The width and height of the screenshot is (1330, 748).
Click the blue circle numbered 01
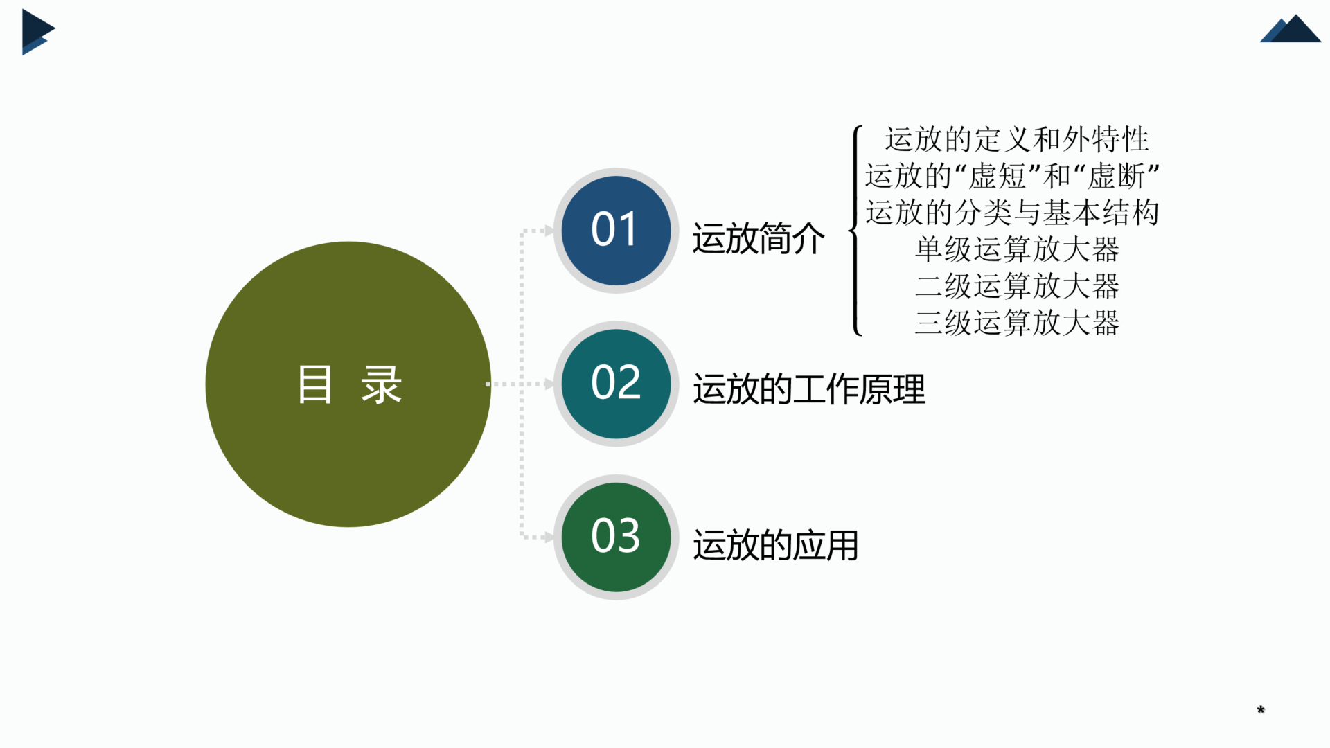pyautogui.click(x=616, y=231)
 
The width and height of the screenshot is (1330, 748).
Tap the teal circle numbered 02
pyautogui.click(x=616, y=384)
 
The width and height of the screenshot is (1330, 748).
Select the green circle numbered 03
pyautogui.click(x=616, y=537)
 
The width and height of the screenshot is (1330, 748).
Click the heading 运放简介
pyautogui.click(x=759, y=239)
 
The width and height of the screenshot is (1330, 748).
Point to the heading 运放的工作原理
pyautogui.click(x=809, y=389)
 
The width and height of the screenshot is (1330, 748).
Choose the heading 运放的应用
pyautogui.click(x=776, y=545)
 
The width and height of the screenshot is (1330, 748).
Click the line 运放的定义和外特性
pyautogui.click(x=1017, y=140)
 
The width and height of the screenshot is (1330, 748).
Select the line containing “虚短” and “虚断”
pyautogui.click(x=1012, y=176)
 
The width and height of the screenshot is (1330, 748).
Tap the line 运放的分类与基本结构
pyautogui.click(x=1012, y=213)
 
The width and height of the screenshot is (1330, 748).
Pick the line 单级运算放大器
pyautogui.click(x=1017, y=249)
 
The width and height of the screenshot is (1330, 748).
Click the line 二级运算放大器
pyautogui.click(x=1017, y=286)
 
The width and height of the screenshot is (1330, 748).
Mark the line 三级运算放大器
pyautogui.click(x=1017, y=323)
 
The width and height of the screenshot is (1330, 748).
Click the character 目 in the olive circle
pyautogui.click(x=315, y=384)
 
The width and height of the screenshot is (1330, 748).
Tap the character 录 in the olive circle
pyautogui.click(x=381, y=384)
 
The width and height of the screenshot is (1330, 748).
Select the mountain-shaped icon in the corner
pyautogui.click(x=1291, y=29)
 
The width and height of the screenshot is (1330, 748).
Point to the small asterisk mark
pyautogui.click(x=1261, y=709)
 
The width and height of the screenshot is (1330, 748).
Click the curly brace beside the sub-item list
pyautogui.click(x=857, y=231)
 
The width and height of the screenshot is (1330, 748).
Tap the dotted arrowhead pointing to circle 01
pyautogui.click(x=549, y=231)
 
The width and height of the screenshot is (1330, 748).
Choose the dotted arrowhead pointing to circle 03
pyautogui.click(x=549, y=537)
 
